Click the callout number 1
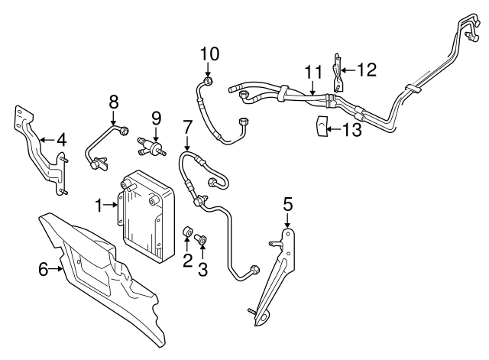(99, 204)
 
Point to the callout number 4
(62, 140)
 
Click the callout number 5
(287, 204)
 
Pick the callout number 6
(43, 268)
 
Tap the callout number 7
(187, 125)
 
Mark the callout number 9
(157, 118)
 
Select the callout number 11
(313, 72)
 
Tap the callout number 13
(351, 130)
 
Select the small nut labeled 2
(187, 232)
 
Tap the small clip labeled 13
(322, 126)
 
